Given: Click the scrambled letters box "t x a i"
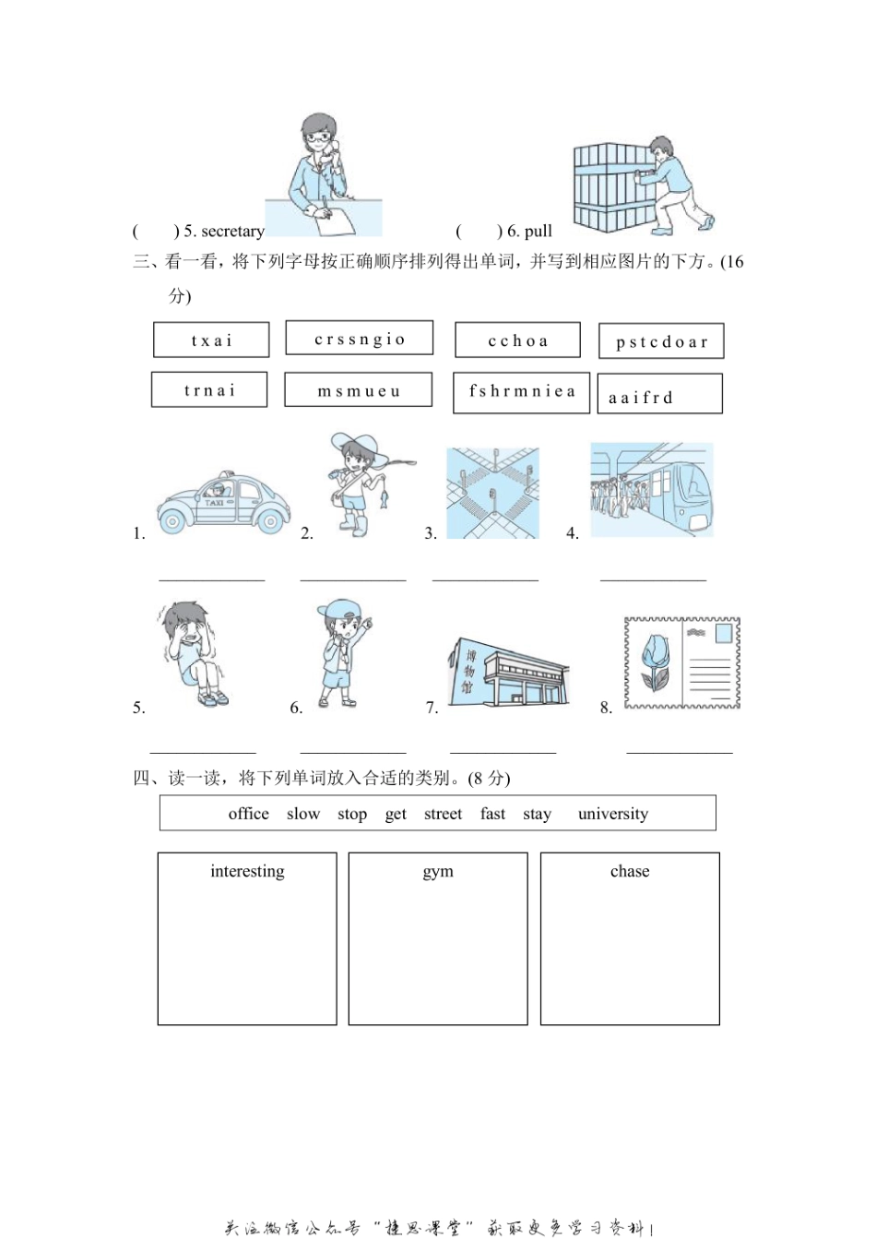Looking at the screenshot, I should click(x=211, y=340).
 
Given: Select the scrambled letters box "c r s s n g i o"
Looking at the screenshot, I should click(x=360, y=339).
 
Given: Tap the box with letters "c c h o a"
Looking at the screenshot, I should click(x=517, y=340).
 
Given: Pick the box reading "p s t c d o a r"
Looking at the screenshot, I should click(x=661, y=341).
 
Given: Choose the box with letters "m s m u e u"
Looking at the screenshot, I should click(x=358, y=390).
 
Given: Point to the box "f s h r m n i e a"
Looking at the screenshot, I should click(x=522, y=391).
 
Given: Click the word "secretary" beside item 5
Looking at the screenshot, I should click(x=232, y=232).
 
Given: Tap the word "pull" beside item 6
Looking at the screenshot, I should click(x=539, y=232).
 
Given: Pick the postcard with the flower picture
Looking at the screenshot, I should click(x=682, y=663).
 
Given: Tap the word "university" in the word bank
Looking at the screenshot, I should click(x=613, y=814).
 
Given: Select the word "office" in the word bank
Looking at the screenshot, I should click(x=249, y=814).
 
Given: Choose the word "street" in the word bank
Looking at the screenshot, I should click(x=443, y=814).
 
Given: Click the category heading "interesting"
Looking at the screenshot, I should click(x=247, y=872).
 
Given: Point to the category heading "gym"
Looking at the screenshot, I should click(x=438, y=872).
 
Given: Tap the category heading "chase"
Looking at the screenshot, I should click(x=630, y=872).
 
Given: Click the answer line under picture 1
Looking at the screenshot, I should click(x=212, y=578).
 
